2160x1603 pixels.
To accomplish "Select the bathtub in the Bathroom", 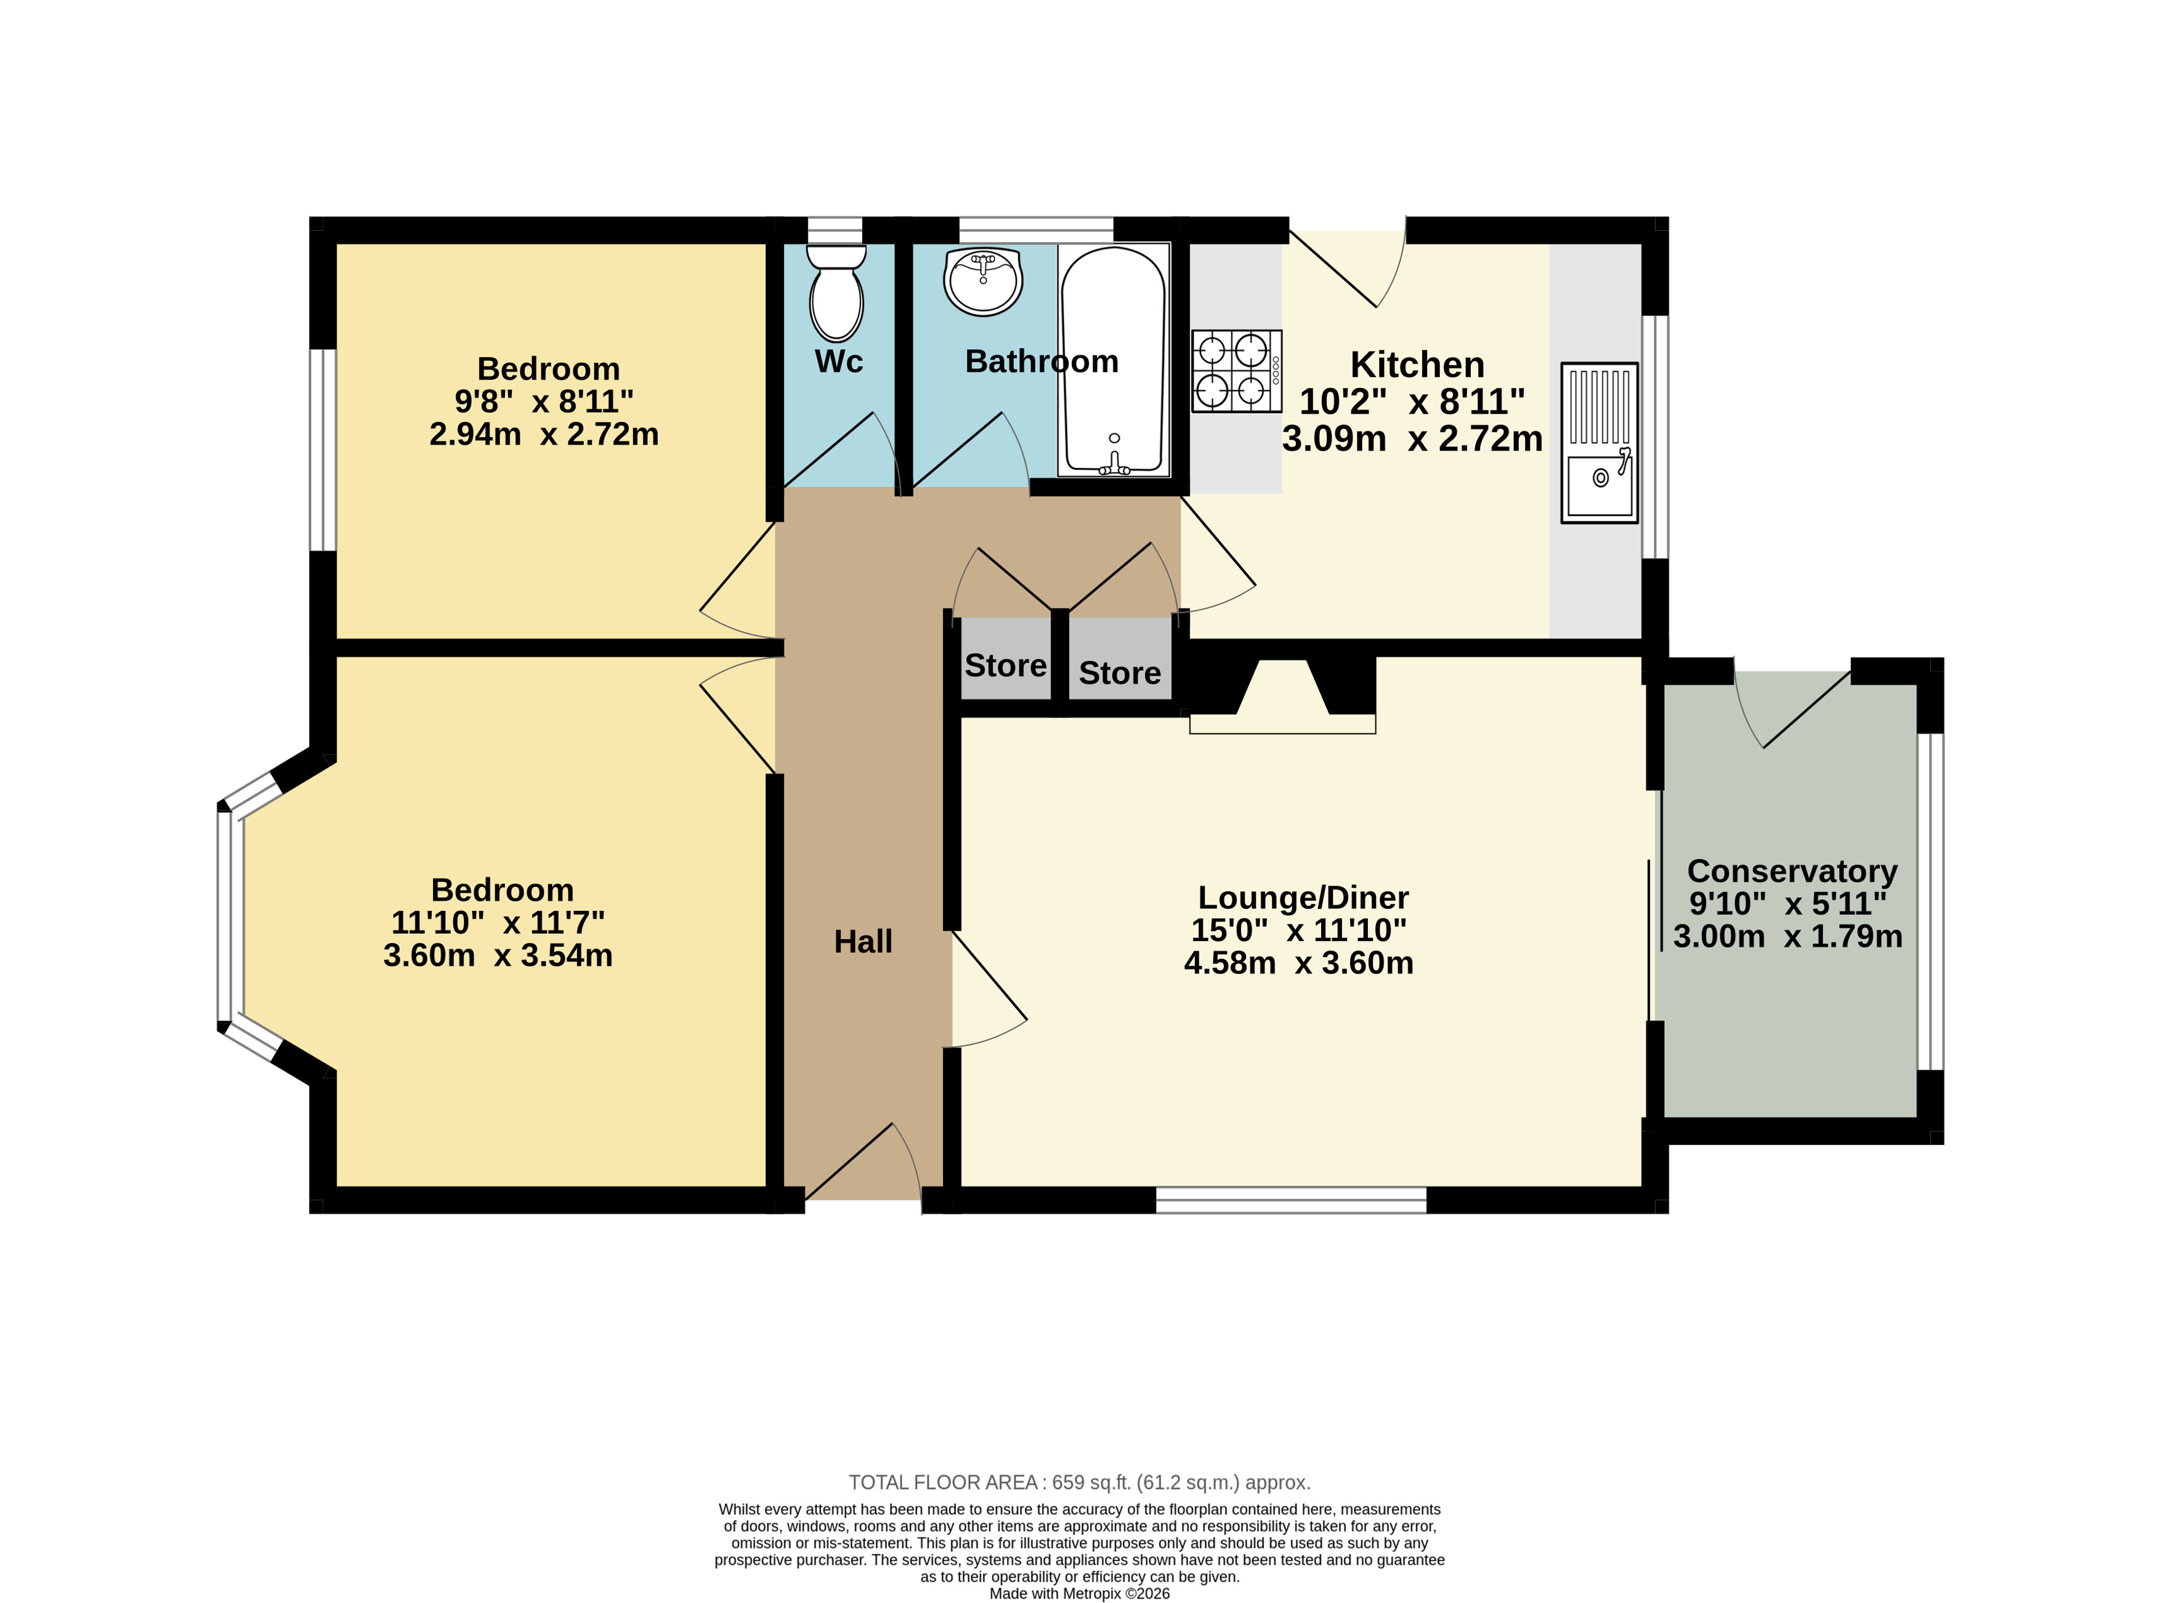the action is (1114, 360).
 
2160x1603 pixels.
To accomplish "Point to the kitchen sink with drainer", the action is (1599, 443).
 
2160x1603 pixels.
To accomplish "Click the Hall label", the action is (863, 941).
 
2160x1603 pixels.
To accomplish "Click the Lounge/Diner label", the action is (1303, 897).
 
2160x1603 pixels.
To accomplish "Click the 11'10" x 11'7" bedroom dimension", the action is (498, 922).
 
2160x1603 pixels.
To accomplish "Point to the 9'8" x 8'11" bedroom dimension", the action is (543, 401).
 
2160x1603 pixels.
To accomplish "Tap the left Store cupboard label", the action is (1005, 666).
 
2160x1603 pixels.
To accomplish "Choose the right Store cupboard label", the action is (1120, 672).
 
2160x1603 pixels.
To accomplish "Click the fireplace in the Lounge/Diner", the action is (1283, 696).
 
